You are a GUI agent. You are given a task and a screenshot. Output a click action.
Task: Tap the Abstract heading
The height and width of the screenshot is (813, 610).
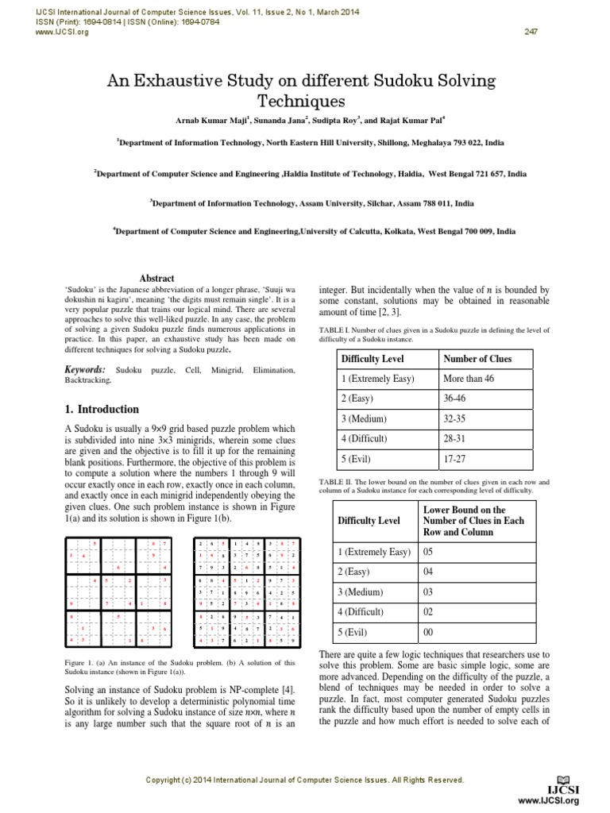(156, 279)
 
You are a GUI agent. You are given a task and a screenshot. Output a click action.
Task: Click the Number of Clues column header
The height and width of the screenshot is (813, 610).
(477, 359)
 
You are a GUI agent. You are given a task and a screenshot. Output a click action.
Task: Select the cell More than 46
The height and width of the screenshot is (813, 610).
(469, 380)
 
